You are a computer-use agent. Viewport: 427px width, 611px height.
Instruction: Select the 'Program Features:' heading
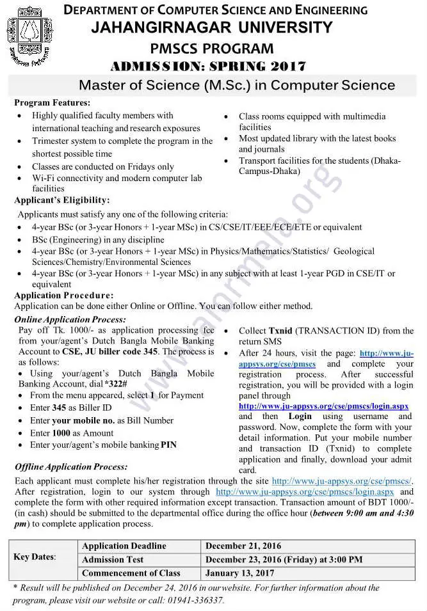click(52, 102)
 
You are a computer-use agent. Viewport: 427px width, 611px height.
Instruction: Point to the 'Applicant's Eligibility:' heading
click(62, 201)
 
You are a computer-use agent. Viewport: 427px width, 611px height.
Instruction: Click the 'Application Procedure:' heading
click(63, 296)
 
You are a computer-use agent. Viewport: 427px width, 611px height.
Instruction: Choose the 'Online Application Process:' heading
click(70, 319)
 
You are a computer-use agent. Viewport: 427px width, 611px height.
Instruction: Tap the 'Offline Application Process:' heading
click(71, 467)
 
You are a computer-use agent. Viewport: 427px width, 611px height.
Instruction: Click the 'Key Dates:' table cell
click(35, 557)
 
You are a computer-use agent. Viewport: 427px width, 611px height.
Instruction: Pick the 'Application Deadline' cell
click(124, 546)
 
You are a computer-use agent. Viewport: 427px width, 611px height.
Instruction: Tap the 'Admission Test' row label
click(112, 559)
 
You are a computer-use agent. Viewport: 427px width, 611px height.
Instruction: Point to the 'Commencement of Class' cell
click(131, 573)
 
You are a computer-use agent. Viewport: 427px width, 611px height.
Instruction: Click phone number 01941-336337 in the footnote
click(193, 600)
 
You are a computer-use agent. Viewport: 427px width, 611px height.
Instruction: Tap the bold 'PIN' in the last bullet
click(168, 445)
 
